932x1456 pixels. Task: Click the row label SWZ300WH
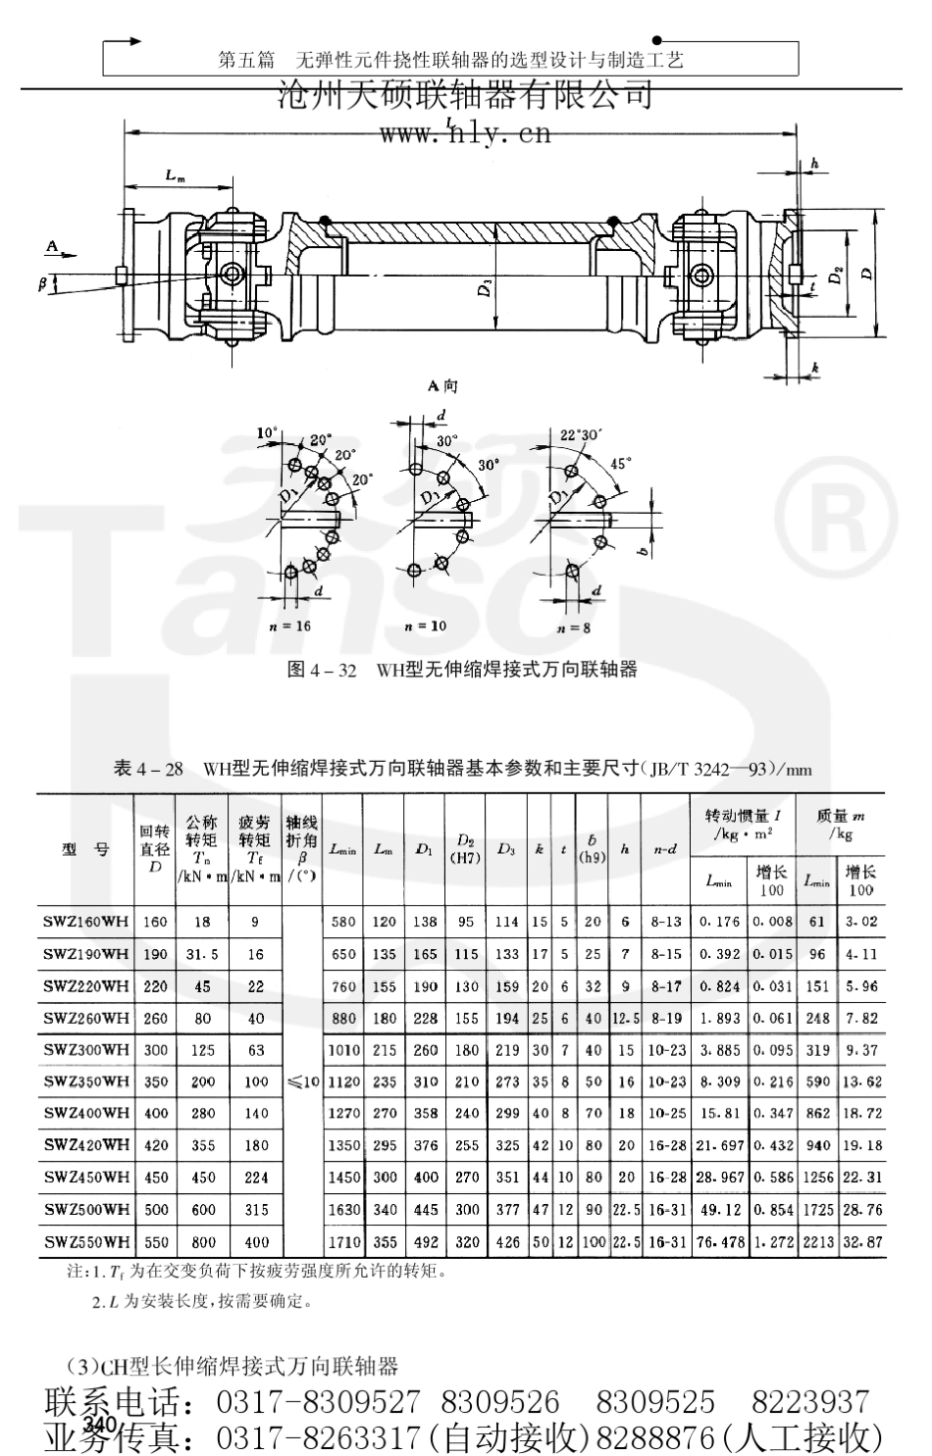(86, 1050)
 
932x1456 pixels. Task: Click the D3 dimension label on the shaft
(488, 286)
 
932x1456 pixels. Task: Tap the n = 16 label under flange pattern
(288, 626)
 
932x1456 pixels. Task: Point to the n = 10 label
(424, 626)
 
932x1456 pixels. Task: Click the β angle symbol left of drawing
(42, 283)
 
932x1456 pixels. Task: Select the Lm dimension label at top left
(175, 176)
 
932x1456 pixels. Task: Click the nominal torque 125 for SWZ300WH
(202, 1050)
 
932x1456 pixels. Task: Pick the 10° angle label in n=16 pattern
(266, 432)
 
